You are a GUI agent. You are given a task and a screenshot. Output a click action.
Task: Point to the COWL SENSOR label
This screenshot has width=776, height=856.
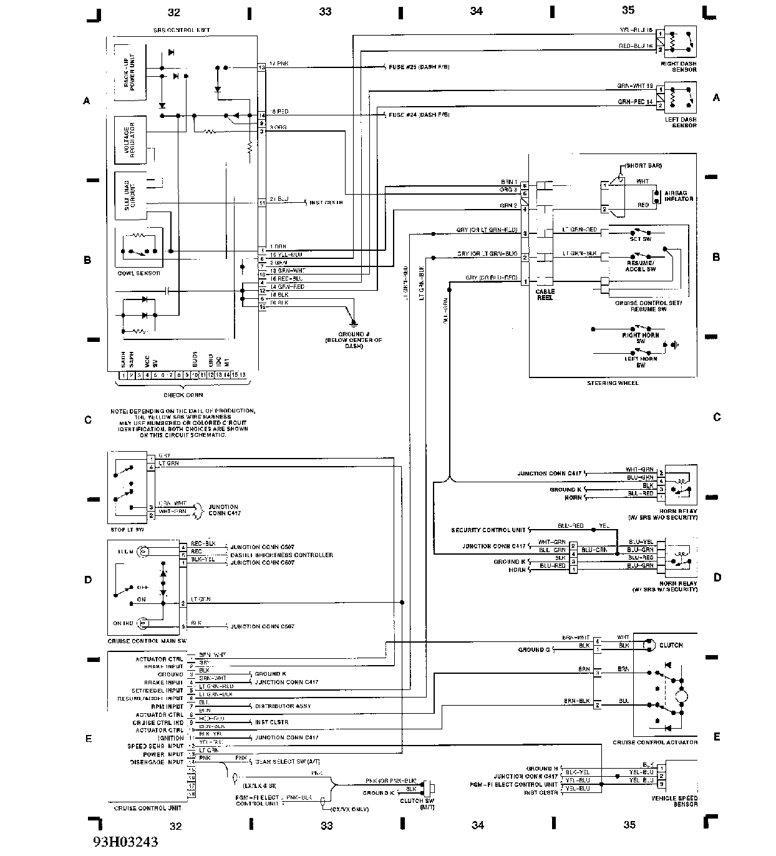tap(138, 273)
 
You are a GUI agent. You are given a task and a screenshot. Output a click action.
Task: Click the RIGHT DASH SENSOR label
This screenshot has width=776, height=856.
tap(679, 66)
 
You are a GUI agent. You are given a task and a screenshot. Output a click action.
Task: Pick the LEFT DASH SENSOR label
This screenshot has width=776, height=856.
tap(679, 122)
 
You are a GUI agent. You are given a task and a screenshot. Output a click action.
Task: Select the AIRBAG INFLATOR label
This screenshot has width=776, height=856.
tap(679, 196)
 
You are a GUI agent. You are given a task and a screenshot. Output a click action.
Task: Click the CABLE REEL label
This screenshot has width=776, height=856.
tap(545, 294)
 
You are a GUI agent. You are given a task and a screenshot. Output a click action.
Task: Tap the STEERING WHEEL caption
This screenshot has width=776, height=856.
tap(613, 383)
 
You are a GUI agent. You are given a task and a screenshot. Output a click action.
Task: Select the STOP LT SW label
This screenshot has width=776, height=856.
tap(127, 530)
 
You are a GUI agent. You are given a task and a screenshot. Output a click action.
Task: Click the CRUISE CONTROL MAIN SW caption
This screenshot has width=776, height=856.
tap(147, 641)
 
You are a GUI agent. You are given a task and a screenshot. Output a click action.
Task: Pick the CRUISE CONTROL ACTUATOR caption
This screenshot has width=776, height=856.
tap(655, 742)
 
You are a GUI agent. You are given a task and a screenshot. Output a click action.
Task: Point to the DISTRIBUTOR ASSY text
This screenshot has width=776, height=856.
tap(283, 706)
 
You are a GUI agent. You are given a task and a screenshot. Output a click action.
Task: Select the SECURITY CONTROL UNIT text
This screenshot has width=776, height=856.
tap(488, 530)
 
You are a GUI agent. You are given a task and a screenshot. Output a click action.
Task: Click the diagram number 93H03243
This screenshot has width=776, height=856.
tap(125, 842)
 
